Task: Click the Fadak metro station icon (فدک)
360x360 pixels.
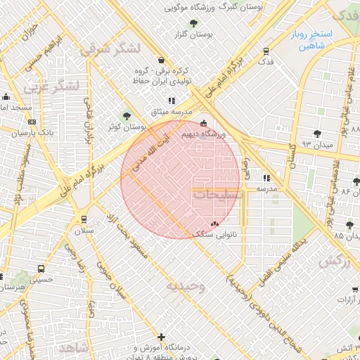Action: coord(266,51)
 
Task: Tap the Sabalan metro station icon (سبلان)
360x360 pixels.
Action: coord(84,219)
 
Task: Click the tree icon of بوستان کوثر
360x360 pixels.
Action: coord(127,116)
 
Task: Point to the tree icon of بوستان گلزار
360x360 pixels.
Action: coord(184,33)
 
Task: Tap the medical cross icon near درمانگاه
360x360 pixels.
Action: coord(162,337)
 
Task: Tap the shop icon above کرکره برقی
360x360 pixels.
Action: coord(162,60)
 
